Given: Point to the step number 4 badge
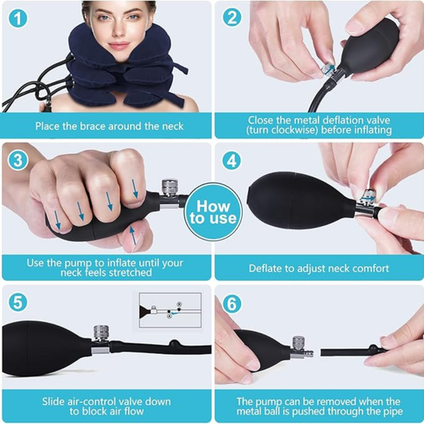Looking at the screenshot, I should [231, 160].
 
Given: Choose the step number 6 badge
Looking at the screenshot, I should [231, 303].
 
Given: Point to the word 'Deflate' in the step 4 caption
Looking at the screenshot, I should [266, 268].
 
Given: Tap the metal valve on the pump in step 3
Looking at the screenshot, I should [169, 190].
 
